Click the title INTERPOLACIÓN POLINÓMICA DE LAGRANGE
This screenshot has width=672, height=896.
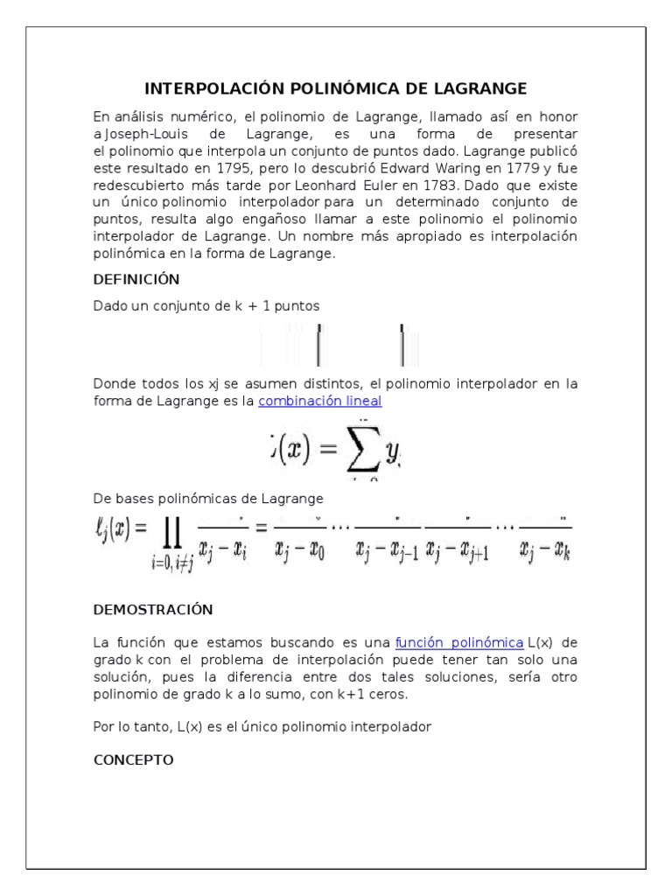pos(336,89)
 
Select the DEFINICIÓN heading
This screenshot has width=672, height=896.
pos(136,280)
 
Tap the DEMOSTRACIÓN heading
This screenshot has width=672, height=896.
pos(152,609)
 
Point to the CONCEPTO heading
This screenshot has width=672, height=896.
pos(133,759)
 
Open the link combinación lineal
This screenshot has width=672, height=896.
pos(320,401)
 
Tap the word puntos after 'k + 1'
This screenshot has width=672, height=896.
pos(292,306)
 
